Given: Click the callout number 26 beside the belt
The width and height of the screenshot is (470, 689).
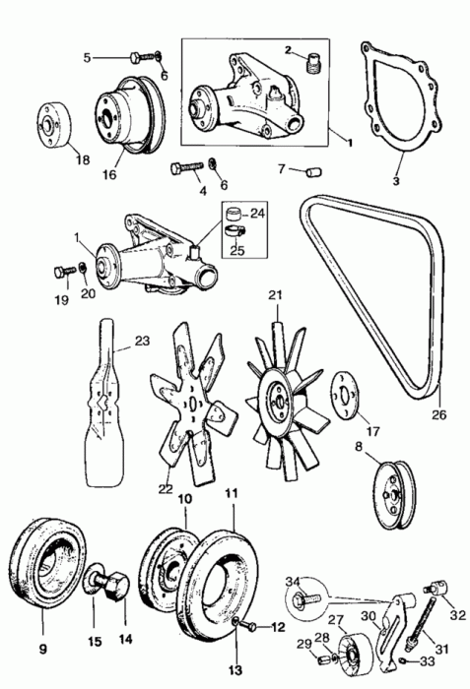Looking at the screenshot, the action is tap(439, 414).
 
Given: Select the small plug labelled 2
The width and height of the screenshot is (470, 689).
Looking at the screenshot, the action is tap(313, 62).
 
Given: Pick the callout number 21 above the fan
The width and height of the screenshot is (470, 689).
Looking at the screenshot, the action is tap(275, 295).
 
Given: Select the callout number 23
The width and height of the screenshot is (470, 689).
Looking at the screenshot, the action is tap(142, 341).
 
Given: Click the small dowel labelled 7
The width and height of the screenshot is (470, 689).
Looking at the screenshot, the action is tap(313, 171).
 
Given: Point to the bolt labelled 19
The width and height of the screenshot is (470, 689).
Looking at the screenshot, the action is tap(63, 273).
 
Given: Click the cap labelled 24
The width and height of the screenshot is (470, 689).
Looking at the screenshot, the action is tap(234, 215).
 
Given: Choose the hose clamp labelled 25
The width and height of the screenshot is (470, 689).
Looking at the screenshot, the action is tap(235, 230).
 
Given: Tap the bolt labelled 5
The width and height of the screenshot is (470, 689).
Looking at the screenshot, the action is tap(143, 57).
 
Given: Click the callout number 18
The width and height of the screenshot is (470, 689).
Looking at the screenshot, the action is tap(82, 159).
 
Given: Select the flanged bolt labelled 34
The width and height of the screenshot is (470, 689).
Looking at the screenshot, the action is tap(306, 597).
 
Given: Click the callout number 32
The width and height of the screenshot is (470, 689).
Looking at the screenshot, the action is tap(457, 615).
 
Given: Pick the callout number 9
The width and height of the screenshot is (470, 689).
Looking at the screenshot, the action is tap(42, 649).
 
